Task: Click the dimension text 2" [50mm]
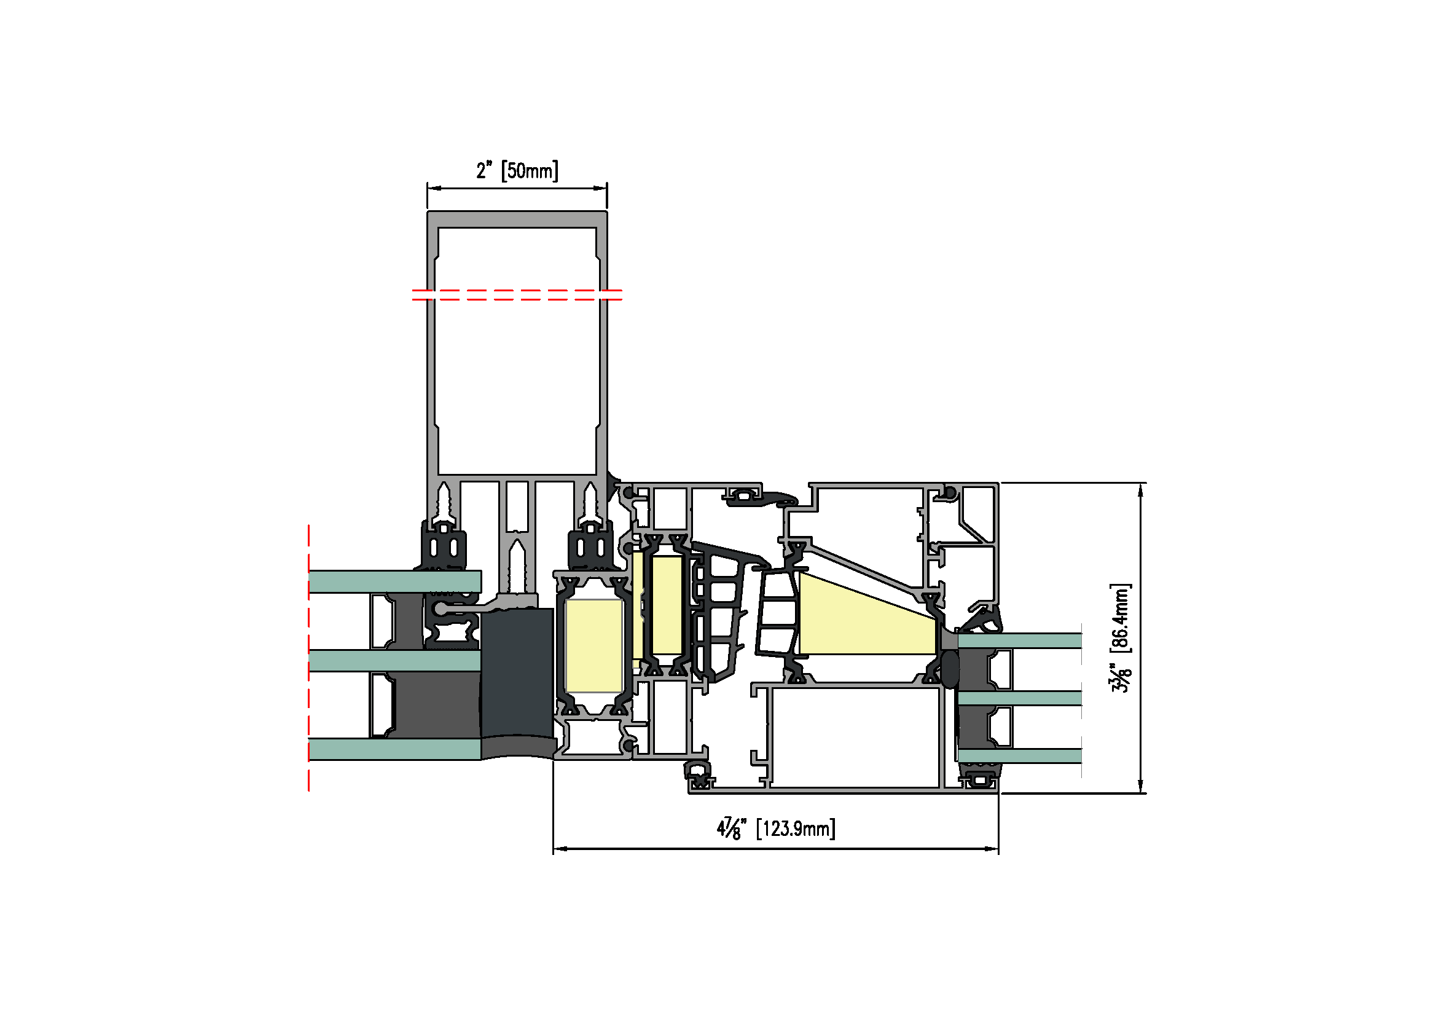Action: click(517, 170)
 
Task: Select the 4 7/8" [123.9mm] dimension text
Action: click(776, 829)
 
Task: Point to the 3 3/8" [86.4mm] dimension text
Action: click(1121, 638)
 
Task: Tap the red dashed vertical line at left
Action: click(308, 658)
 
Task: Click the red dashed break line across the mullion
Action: click(517, 295)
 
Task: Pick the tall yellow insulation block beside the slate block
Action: click(593, 645)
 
